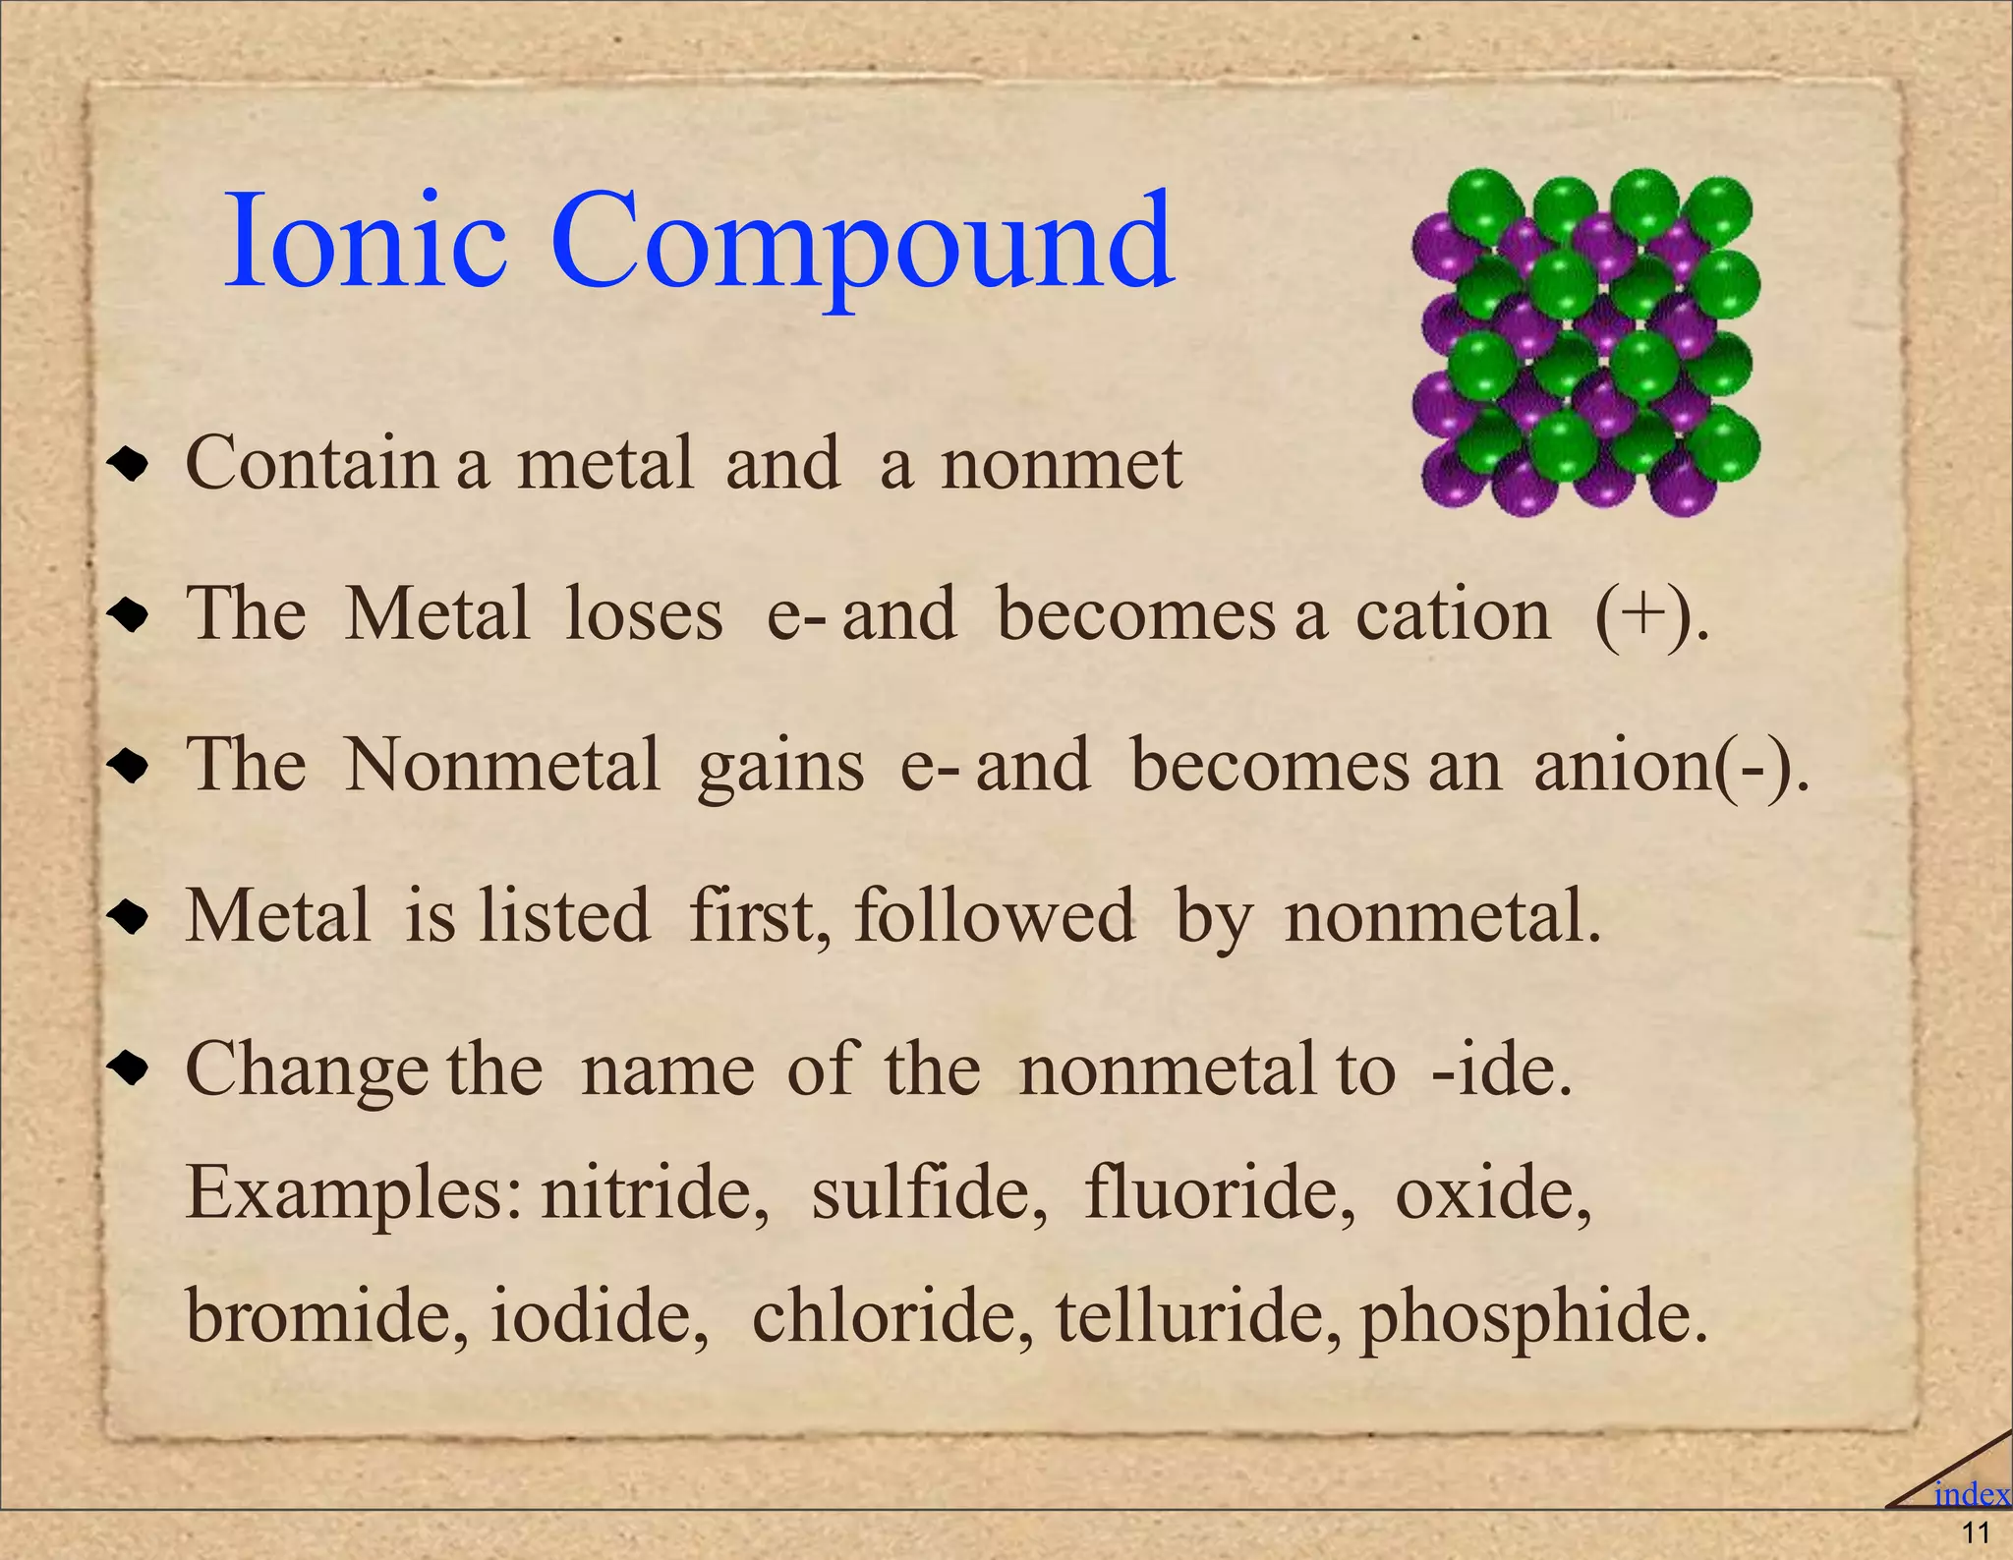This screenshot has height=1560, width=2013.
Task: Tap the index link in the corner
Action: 1971,1494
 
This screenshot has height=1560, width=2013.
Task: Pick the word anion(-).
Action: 1670,766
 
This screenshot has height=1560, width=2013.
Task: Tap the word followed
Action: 994,916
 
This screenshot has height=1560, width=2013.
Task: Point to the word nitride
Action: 655,1192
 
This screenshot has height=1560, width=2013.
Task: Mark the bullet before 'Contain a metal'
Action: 129,464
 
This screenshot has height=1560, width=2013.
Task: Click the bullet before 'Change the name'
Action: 129,1069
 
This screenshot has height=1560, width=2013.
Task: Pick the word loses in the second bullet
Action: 644,615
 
